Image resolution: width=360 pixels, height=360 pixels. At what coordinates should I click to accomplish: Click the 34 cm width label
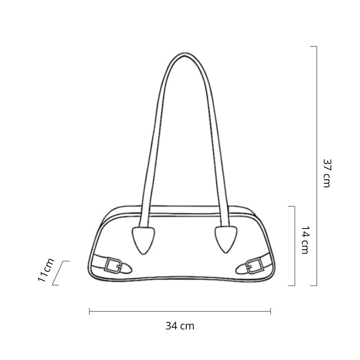click(x=180, y=326)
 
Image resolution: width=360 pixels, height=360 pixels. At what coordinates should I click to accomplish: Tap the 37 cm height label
click(x=327, y=173)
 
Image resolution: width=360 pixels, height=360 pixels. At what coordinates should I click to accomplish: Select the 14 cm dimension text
click(x=305, y=240)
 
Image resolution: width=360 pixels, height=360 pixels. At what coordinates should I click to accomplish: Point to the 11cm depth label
click(x=46, y=270)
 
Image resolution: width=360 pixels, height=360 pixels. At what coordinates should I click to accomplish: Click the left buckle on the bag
click(x=113, y=265)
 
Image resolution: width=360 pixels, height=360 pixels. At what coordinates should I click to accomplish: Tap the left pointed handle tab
click(x=143, y=240)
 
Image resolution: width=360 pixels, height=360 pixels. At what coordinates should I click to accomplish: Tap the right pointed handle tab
click(x=226, y=240)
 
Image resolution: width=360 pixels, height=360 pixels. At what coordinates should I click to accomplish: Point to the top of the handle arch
click(x=185, y=54)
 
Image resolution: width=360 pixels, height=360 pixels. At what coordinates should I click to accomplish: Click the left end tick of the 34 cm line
click(x=89, y=312)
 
